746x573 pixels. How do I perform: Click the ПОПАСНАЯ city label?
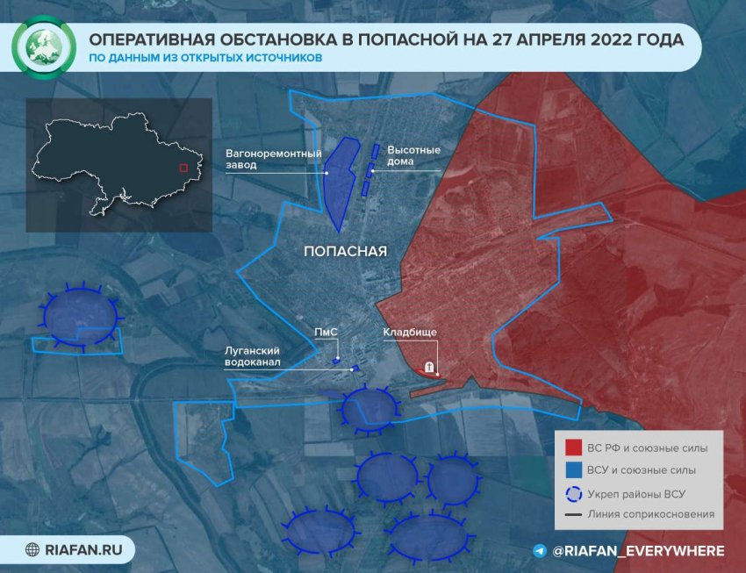[345, 251]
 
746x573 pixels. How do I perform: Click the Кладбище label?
[410, 332]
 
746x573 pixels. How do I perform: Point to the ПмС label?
[326, 333]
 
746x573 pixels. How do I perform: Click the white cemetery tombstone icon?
[429, 368]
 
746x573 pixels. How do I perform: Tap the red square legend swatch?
[571, 448]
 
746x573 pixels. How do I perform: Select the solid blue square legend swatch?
[571, 471]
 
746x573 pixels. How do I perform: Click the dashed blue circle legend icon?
[571, 493]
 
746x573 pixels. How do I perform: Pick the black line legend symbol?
[571, 515]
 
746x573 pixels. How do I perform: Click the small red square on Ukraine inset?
[183, 167]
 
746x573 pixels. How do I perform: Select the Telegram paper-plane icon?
[539, 551]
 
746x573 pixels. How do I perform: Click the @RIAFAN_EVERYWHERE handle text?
[639, 551]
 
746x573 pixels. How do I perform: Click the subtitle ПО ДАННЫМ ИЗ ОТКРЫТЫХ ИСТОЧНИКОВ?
[204, 59]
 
